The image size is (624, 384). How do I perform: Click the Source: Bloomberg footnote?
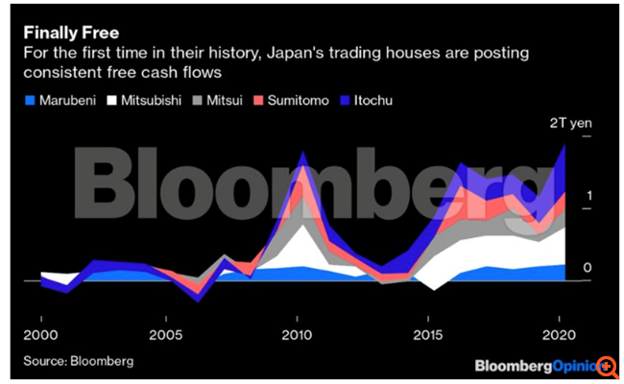[x=80, y=361]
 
